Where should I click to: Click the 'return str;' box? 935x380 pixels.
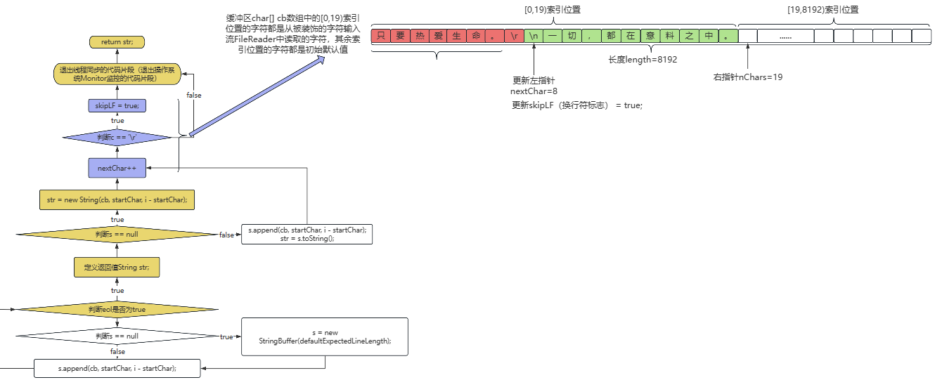[x=117, y=41]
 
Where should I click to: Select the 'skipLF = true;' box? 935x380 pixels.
[x=117, y=105]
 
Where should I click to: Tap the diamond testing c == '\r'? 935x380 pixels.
[x=117, y=137]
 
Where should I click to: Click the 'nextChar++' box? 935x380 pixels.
[x=117, y=168]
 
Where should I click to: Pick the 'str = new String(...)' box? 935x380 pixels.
[x=117, y=199]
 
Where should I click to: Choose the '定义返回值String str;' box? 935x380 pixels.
[x=117, y=268]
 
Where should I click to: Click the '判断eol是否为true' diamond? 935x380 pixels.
[x=117, y=310]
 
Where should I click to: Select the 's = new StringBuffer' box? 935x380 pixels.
[x=325, y=336]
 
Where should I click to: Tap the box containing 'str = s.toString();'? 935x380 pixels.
[x=307, y=235]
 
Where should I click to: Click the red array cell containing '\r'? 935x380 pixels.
[x=515, y=36]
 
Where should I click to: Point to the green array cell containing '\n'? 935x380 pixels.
[x=534, y=36]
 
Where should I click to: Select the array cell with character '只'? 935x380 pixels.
[x=381, y=36]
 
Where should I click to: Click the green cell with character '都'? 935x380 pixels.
[x=611, y=36]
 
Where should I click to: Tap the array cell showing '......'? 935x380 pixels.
[x=785, y=36]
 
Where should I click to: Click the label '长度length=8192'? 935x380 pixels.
[x=643, y=60]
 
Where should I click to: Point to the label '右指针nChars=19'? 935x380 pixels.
[x=748, y=77]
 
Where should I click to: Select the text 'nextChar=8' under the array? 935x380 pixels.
[x=534, y=91]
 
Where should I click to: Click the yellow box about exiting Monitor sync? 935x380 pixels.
[x=117, y=74]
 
